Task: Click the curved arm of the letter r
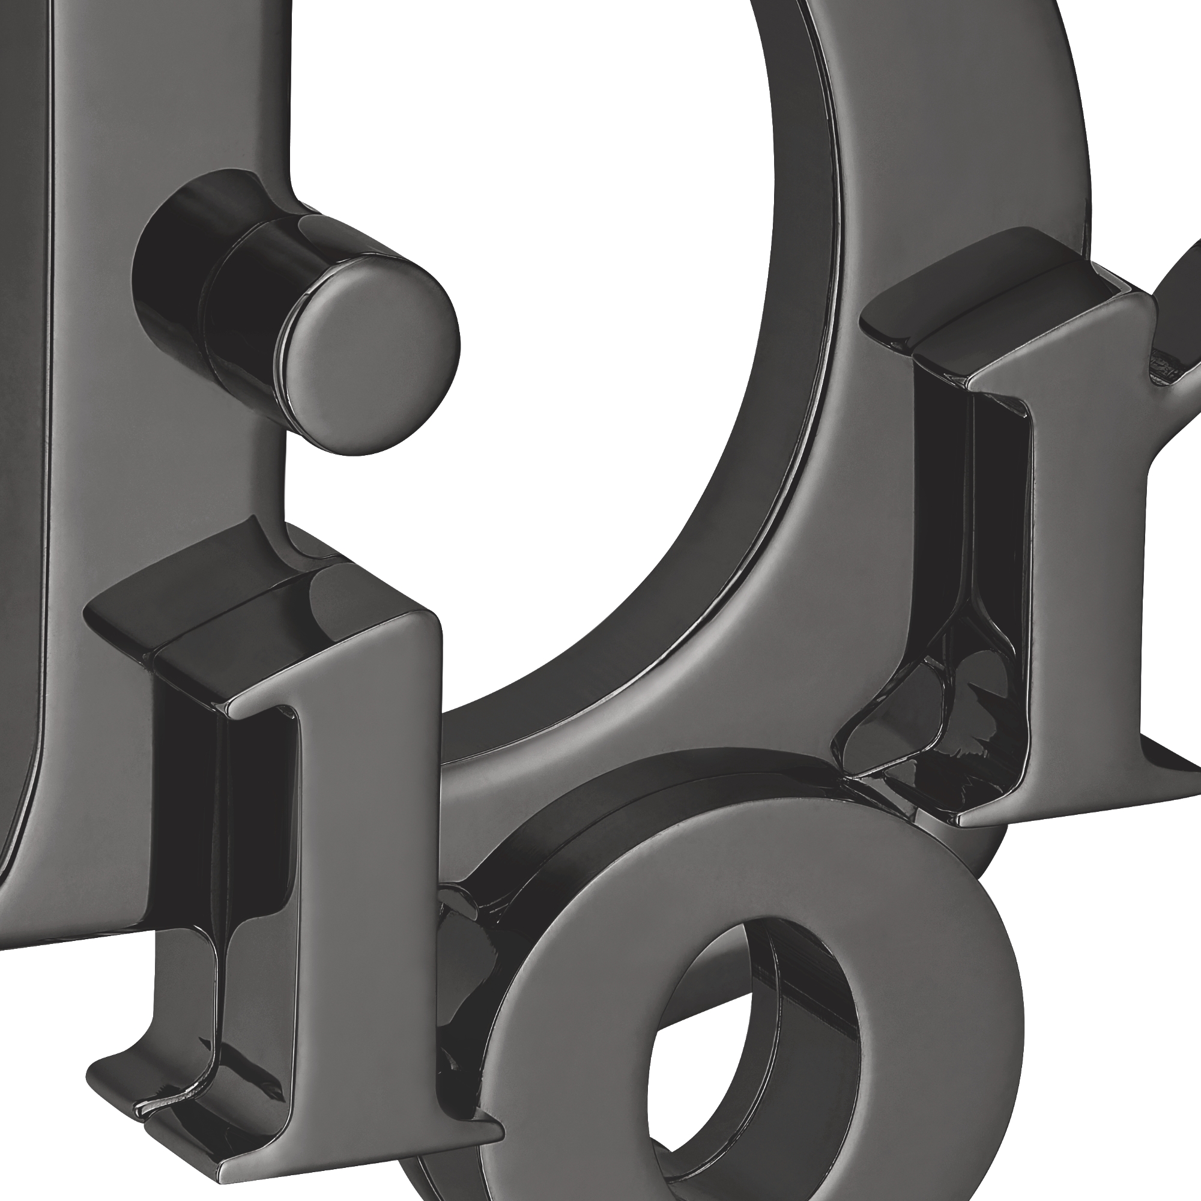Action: click(x=1181, y=298)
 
